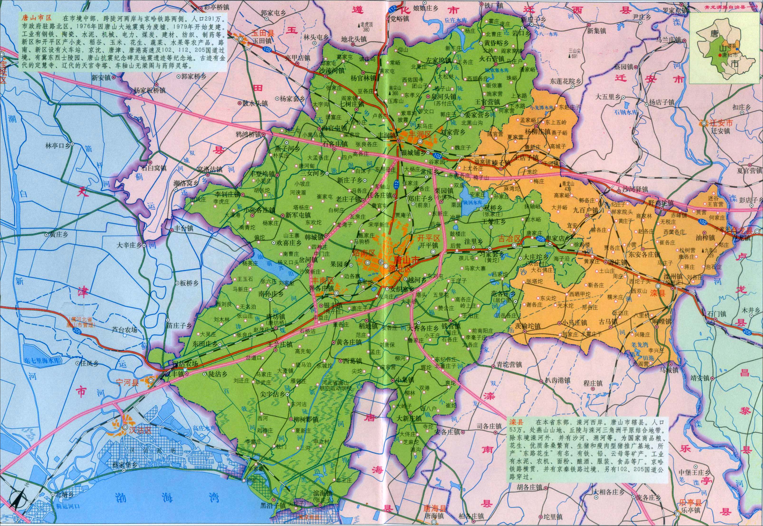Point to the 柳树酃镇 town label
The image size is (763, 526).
click(x=306, y=420)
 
